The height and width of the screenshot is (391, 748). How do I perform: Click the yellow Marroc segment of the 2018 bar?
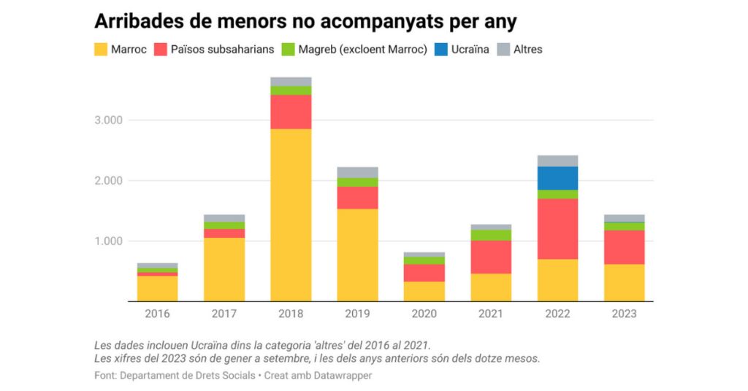(291, 214)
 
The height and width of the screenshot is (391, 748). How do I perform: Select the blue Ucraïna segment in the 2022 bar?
(557, 178)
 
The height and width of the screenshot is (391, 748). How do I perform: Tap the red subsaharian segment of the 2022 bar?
(557, 228)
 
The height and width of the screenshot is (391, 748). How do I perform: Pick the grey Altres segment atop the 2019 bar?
(357, 172)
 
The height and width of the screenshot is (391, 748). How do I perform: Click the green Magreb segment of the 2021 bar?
(491, 235)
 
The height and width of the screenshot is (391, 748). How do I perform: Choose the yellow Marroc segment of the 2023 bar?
(624, 282)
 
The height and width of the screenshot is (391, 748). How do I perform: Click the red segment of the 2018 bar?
(291, 112)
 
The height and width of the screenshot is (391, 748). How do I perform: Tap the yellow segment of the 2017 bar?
(224, 269)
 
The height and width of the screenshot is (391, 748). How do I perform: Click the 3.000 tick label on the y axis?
(108, 120)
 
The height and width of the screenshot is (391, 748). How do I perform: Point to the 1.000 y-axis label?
(108, 241)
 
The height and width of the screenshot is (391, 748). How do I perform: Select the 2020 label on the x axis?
(424, 314)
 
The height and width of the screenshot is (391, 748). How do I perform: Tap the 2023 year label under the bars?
(624, 314)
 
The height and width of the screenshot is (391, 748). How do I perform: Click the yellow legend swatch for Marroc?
(101, 50)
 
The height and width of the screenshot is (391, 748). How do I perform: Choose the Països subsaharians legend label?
(222, 50)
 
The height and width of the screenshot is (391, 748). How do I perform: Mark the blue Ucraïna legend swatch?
(441, 50)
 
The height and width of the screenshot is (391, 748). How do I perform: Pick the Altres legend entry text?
(527, 50)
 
